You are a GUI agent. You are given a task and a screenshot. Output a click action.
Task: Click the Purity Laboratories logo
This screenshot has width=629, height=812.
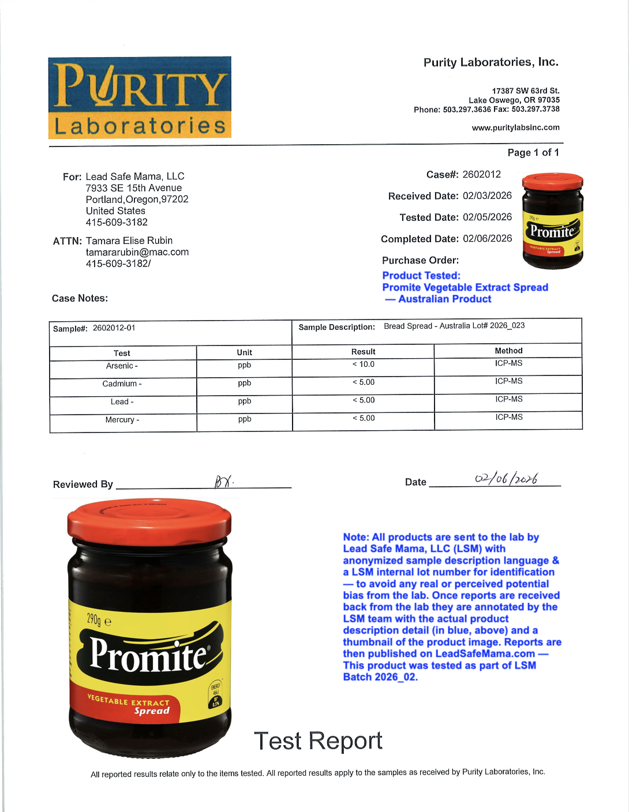pos(140,97)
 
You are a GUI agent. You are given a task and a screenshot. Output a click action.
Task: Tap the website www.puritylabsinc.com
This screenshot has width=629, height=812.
pos(515,127)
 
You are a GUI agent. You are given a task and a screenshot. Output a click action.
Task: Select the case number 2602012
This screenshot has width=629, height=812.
pos(481,174)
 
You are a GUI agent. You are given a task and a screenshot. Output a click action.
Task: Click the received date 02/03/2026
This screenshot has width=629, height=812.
pos(487,196)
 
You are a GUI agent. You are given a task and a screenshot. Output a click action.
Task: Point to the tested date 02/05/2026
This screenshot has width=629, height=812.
pos(487,217)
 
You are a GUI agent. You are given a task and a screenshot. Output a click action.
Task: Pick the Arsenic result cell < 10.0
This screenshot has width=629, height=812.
pos(364,364)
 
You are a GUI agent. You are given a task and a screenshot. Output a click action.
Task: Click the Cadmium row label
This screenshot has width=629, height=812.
pos(122,384)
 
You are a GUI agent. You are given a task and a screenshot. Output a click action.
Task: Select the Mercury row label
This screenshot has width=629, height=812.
pos(122,420)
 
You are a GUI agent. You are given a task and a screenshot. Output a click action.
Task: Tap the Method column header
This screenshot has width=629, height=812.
pos(508,351)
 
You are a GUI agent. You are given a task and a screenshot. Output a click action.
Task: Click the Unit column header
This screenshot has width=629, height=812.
pos(244,352)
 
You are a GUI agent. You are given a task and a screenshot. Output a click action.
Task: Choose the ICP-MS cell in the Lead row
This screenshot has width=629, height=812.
pos(508,399)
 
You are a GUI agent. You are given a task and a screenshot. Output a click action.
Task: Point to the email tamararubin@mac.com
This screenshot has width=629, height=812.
pos(137,252)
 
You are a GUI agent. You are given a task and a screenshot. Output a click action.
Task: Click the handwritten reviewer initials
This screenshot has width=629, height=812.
pos(224,482)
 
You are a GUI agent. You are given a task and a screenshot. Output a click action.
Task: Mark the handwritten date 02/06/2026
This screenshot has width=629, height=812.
pos(506,479)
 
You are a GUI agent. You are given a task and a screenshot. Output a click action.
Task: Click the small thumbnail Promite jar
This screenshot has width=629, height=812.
pos(552,221)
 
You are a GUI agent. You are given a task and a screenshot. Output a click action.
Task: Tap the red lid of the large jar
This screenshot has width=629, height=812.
pos(149,522)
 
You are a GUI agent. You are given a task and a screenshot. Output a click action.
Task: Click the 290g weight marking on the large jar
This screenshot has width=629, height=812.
pos(99,620)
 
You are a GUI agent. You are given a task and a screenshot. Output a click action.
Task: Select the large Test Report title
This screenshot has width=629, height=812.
pos(318,741)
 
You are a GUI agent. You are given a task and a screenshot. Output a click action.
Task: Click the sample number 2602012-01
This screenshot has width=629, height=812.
pos(114,328)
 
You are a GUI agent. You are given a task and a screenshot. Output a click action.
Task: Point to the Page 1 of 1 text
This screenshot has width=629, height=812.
pos(533,152)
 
